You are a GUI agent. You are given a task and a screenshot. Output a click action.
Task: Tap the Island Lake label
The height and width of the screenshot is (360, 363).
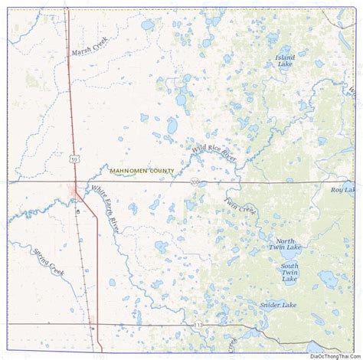285,61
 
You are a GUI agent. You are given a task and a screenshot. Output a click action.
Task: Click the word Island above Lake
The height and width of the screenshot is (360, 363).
285,57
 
